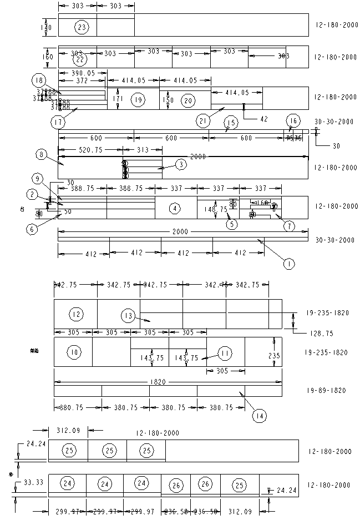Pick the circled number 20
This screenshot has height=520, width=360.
pyautogui.click(x=188, y=100)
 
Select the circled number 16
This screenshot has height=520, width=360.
pyautogui.click(x=293, y=121)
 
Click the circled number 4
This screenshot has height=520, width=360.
pyautogui.click(x=175, y=209)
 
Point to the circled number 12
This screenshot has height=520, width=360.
pyautogui.click(x=76, y=315)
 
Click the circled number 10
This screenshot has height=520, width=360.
pyautogui.click(x=74, y=352)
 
